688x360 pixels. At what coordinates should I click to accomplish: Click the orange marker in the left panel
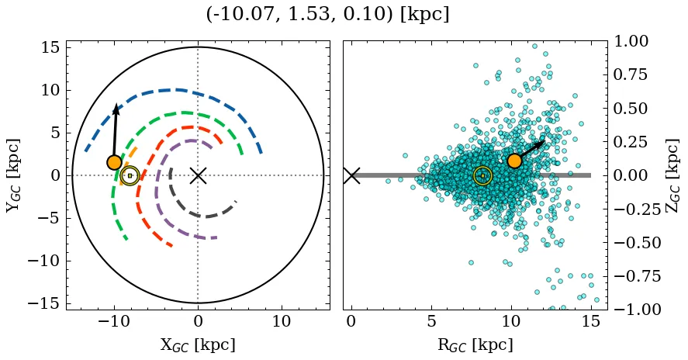pyautogui.click(x=115, y=162)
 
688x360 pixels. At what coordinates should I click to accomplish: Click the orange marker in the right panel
pyautogui.click(x=513, y=161)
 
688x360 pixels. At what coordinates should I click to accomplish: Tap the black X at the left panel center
pyautogui.click(x=198, y=175)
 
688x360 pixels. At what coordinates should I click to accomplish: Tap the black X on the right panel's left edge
pyautogui.click(x=351, y=175)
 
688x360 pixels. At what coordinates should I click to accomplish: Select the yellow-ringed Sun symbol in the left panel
pyautogui.click(x=130, y=176)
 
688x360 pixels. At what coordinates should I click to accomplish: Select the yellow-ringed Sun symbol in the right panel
pyautogui.click(x=482, y=176)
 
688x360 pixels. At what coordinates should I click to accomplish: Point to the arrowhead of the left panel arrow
pyautogui.click(x=117, y=108)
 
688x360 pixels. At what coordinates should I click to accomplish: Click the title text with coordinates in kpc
pyautogui.click(x=327, y=15)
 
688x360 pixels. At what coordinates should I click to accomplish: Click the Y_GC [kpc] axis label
pyautogui.click(x=13, y=175)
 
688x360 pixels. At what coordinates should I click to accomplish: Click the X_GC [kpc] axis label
pyautogui.click(x=198, y=344)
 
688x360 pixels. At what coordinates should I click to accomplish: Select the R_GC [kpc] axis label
pyautogui.click(x=471, y=344)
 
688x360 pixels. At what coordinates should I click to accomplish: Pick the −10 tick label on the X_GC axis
pyautogui.click(x=115, y=322)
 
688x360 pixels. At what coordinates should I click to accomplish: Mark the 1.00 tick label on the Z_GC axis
pyautogui.click(x=634, y=41)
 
